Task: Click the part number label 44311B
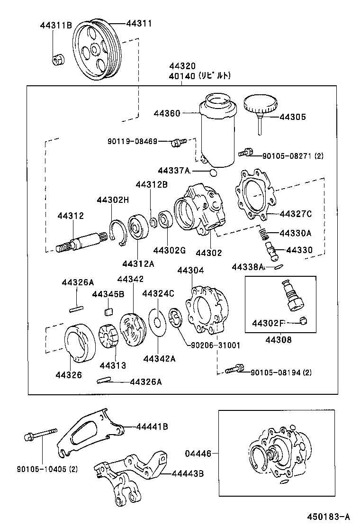(55, 26)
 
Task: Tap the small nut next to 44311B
(58, 60)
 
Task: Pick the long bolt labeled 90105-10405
(40, 436)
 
